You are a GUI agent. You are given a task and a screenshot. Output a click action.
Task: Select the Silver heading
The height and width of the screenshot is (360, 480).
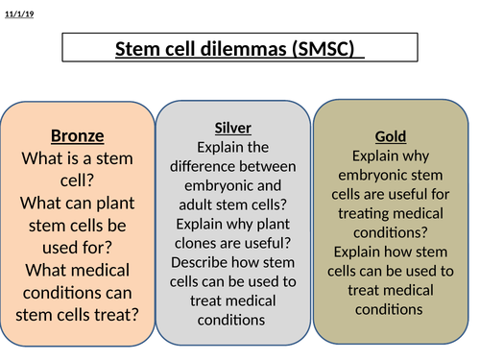click(233, 128)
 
